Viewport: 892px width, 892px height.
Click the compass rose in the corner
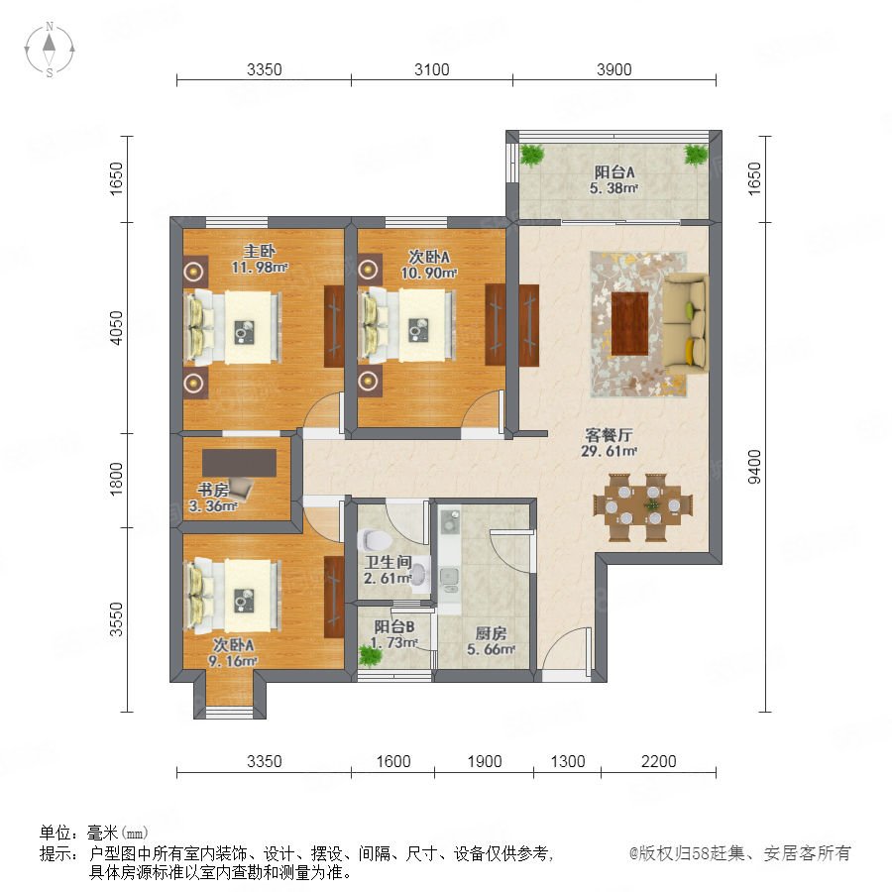[x=50, y=50]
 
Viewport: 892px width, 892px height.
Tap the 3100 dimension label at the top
[x=432, y=69]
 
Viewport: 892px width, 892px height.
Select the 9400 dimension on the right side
[x=754, y=467]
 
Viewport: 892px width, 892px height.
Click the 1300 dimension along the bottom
[x=568, y=761]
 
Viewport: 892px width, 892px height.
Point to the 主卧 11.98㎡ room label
[x=260, y=259]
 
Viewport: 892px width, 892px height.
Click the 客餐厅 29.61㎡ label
[x=609, y=443]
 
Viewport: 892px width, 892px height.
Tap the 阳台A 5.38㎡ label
[x=613, y=179]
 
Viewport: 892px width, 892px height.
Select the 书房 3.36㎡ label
[x=213, y=498]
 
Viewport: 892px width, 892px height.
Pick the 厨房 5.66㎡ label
[x=491, y=641]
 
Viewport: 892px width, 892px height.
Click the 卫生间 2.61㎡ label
[x=388, y=570]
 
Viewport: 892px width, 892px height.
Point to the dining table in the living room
[x=643, y=506]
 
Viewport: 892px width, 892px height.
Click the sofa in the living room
[x=686, y=324]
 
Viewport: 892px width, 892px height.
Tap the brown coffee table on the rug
[x=629, y=324]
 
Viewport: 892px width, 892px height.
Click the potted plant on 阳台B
[x=371, y=656]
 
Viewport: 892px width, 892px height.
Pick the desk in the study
[x=240, y=463]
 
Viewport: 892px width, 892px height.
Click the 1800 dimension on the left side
[x=116, y=479]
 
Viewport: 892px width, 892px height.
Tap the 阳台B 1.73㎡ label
[x=393, y=634]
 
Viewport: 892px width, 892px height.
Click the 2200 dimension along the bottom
[x=659, y=761]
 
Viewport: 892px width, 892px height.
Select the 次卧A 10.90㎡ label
[x=429, y=265]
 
